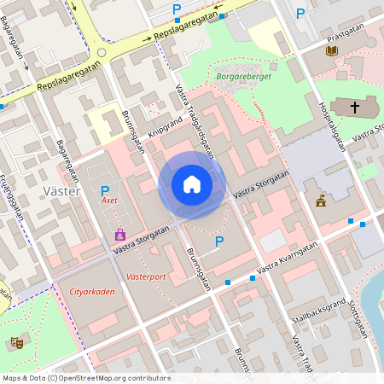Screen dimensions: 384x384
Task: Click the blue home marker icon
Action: tap(192, 184)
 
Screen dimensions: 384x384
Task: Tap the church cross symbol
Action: tap(355, 107)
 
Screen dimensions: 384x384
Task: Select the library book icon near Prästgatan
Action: tap(331, 51)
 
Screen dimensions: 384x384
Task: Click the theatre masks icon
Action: tap(15, 343)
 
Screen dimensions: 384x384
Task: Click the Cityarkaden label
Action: tap(92, 292)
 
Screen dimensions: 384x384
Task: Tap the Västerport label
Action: tap(144, 277)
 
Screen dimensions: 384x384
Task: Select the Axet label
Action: tap(108, 202)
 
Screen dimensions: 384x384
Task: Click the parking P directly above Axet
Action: tap(105, 190)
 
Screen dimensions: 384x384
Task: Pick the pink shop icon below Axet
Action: tap(120, 233)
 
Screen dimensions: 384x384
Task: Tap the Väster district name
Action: tap(61, 191)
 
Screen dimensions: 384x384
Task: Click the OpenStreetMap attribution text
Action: tap(86, 378)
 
